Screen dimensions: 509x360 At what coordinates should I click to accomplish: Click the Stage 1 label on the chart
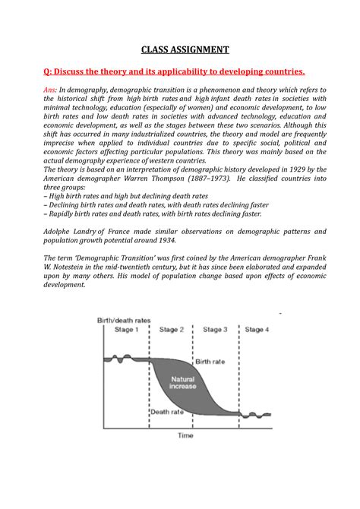point(125,330)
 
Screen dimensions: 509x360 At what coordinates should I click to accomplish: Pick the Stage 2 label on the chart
point(172,330)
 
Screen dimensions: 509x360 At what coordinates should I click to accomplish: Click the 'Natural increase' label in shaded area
point(182,382)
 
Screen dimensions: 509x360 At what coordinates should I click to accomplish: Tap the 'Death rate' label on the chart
point(166,413)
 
